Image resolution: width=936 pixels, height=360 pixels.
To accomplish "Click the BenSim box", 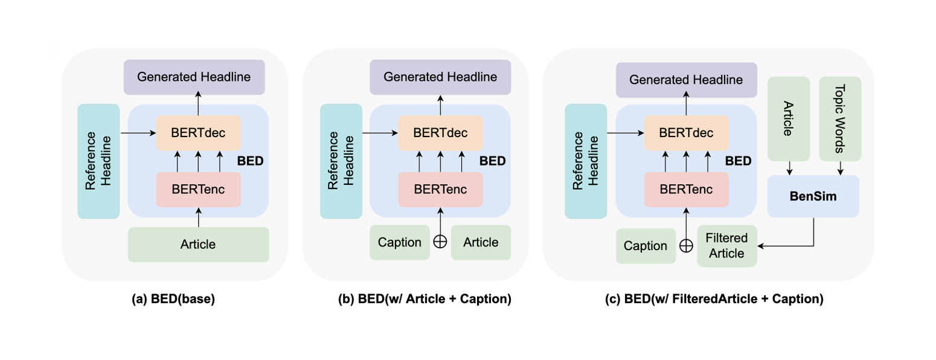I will point(813,196).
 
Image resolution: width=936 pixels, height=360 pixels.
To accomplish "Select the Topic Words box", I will point(840,119).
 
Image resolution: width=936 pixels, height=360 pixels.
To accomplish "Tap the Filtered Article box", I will point(727,246).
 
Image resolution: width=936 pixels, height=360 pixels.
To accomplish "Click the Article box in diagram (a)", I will point(198,244).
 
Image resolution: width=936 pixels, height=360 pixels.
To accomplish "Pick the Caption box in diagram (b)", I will point(399,242).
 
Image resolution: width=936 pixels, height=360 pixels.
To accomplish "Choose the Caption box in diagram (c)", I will point(646,246).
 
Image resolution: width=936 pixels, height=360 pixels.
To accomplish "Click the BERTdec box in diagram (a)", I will point(198,133).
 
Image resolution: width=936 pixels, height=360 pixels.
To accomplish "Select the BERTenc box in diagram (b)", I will point(440,189).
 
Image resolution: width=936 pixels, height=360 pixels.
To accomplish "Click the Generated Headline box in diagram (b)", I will point(440,77).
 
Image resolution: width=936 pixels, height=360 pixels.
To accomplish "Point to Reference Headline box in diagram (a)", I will point(98,161).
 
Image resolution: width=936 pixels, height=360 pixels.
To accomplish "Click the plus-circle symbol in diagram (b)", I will point(440,242).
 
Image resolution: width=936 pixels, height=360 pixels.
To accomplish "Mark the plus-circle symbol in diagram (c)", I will point(686,245).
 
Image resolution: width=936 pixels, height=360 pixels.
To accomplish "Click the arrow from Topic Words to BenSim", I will point(840,168).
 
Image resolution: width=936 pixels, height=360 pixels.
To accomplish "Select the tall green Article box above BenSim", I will point(788,119).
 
